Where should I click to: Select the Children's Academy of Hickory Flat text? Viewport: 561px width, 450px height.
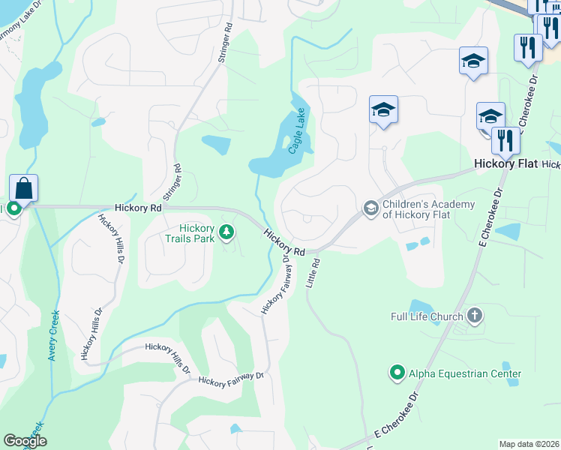428,210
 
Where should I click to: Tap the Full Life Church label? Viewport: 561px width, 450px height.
427,316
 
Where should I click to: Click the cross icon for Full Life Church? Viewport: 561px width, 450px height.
473,316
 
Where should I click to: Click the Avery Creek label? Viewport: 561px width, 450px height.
53,336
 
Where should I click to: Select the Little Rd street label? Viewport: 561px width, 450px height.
313,274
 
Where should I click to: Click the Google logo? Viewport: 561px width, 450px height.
25,441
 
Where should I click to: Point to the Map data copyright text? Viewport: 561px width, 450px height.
529,444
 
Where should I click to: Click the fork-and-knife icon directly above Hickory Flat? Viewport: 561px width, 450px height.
505,139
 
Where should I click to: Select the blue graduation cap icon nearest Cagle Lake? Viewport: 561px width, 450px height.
383,110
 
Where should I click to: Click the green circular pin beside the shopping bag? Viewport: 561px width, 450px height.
13,210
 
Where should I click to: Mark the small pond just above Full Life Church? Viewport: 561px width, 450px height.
420,305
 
